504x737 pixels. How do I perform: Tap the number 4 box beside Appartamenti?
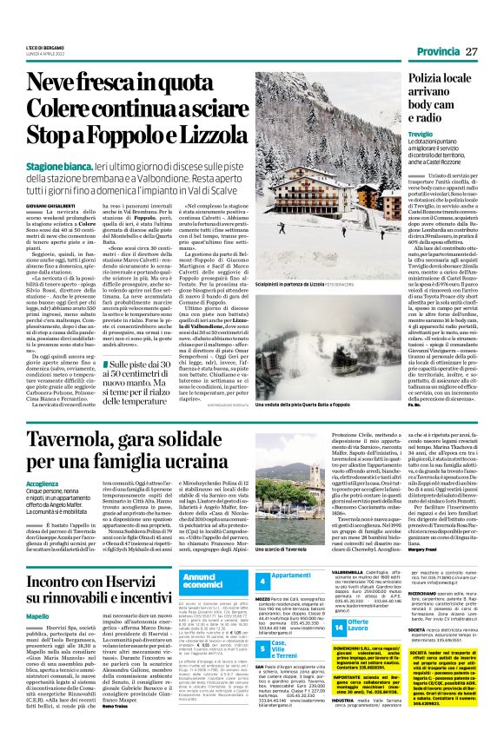coord(262,580)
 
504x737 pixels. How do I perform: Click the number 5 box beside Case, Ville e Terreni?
coord(262,648)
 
